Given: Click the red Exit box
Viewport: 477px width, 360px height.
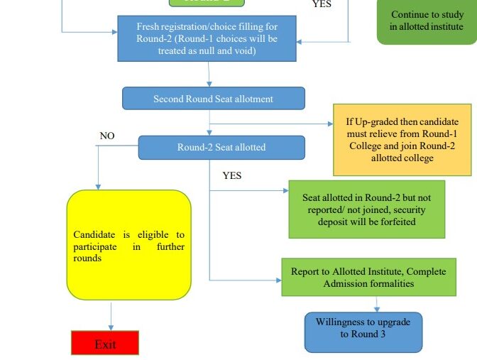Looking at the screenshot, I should click(105, 343).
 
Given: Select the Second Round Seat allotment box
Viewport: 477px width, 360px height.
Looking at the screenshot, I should click(213, 99).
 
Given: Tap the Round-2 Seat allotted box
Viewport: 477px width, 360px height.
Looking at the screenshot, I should click(221, 147).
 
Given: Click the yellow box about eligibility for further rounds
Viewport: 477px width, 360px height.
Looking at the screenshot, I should click(128, 245).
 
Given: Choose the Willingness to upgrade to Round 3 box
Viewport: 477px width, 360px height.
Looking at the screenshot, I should click(363, 328).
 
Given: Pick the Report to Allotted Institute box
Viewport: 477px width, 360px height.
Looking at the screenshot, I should click(368, 277).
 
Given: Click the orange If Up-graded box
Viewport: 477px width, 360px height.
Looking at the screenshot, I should click(402, 140).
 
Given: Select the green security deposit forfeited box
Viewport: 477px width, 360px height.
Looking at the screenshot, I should click(366, 209).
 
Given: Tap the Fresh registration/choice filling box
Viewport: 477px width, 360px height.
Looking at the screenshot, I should click(207, 38).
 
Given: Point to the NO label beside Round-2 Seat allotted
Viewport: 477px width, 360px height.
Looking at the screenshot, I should click(107, 136).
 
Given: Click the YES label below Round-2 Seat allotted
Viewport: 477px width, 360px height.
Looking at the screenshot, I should click(231, 175).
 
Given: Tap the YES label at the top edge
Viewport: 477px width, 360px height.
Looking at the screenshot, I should click(322, 4).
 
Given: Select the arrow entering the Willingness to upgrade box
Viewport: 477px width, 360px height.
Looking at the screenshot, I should click(376, 307).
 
